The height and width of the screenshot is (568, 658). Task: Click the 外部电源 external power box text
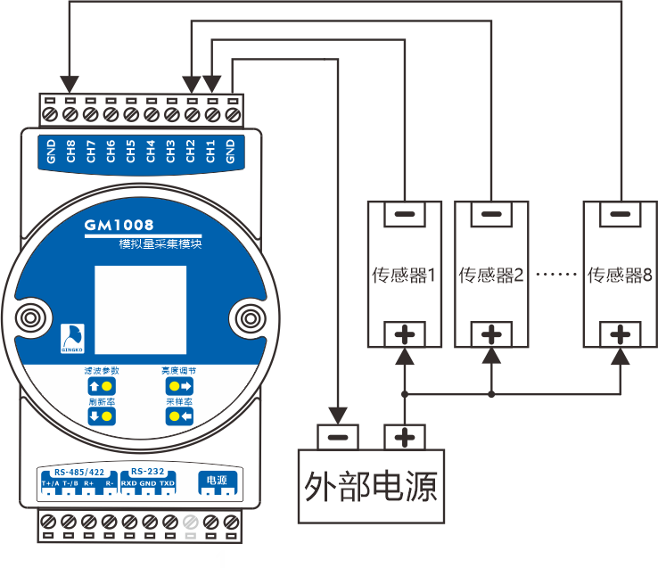pos(370,486)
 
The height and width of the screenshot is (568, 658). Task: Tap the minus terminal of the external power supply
pos(336,438)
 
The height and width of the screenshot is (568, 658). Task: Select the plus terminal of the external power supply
pos(405,438)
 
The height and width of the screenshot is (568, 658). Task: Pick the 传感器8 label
pos(621,275)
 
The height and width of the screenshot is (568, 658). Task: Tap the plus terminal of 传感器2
pos(490,334)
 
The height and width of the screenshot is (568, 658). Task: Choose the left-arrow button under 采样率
pos(178,416)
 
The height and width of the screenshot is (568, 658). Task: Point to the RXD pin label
pos(129,483)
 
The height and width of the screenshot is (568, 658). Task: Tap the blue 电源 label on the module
pos(217,480)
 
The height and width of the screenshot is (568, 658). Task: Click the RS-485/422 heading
pos(79,471)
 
